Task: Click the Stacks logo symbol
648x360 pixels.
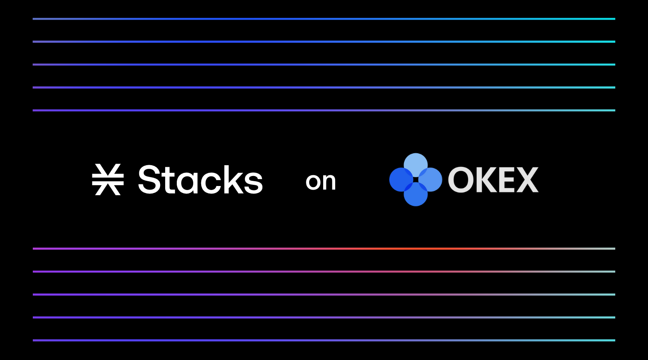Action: click(x=108, y=180)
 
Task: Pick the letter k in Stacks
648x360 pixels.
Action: click(x=233, y=180)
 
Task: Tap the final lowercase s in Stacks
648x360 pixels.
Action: click(x=253, y=183)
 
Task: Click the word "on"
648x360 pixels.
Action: click(x=320, y=182)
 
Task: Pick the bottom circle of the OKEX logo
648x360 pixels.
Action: click(x=416, y=195)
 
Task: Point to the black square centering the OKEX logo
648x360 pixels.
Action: click(x=416, y=180)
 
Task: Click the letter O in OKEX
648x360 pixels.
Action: click(x=460, y=180)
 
